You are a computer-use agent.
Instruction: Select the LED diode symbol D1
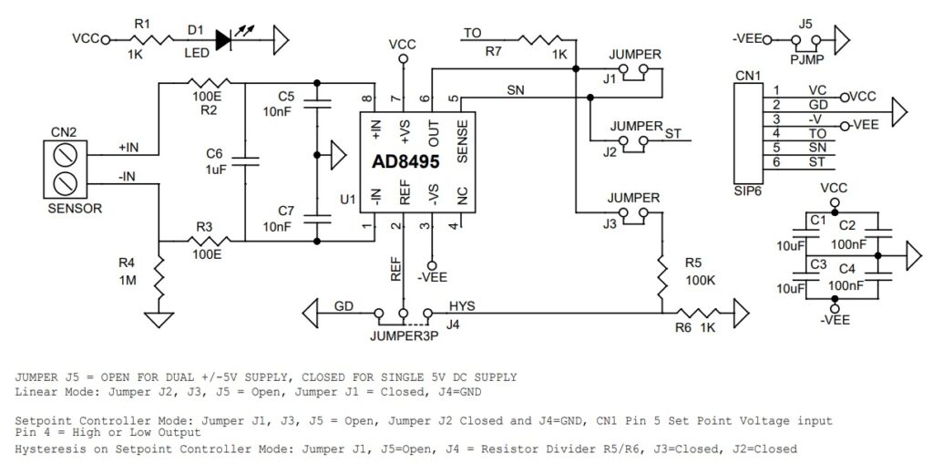(225, 39)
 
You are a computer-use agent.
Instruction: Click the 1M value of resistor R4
(127, 281)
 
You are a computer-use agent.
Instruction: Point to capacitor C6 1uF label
(215, 170)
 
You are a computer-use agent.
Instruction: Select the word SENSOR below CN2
(74, 208)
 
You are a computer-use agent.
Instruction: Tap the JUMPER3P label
(404, 335)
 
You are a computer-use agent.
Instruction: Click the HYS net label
(461, 304)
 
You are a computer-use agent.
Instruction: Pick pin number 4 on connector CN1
(776, 133)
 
